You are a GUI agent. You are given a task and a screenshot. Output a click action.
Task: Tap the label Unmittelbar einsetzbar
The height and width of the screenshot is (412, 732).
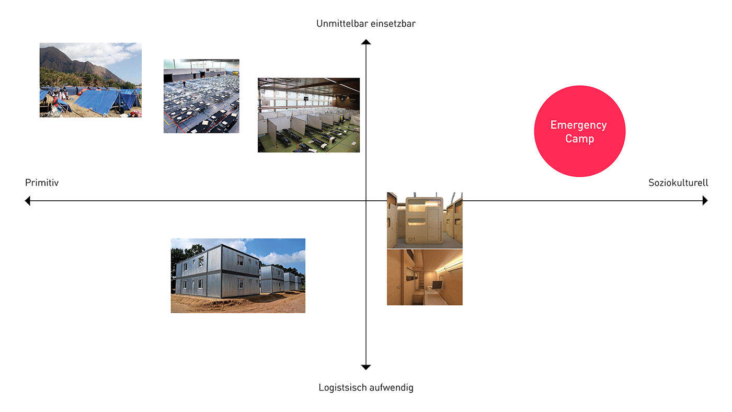tap(365, 24)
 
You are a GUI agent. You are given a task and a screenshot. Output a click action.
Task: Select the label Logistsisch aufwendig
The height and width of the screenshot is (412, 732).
tap(365, 387)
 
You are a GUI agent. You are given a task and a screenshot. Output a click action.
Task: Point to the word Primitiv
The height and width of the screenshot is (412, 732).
tap(42, 182)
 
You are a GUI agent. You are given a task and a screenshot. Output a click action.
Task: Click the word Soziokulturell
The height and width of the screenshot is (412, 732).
tap(678, 182)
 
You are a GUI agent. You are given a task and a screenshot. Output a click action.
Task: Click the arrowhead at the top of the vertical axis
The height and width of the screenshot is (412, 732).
tap(366, 42)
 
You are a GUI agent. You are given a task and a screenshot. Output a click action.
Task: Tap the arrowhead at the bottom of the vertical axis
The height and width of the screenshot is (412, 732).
tap(366, 367)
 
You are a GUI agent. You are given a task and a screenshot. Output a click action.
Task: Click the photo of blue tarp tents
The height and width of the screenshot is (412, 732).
tap(90, 80)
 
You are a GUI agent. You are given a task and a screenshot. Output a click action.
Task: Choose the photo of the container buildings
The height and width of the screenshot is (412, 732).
tap(238, 276)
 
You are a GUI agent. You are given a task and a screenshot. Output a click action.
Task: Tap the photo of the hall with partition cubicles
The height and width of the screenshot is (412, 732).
tap(308, 115)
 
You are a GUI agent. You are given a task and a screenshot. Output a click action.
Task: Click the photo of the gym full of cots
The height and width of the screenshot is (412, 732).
tap(201, 96)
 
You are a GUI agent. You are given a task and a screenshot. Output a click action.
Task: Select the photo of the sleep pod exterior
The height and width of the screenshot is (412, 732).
tap(425, 220)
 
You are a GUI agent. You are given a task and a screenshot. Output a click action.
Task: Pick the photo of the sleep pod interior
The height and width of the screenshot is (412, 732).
tap(425, 277)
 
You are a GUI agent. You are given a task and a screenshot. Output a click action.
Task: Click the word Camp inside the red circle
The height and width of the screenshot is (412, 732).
tap(579, 139)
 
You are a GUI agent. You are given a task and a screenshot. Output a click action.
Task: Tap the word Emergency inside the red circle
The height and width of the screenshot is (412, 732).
tap(578, 125)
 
